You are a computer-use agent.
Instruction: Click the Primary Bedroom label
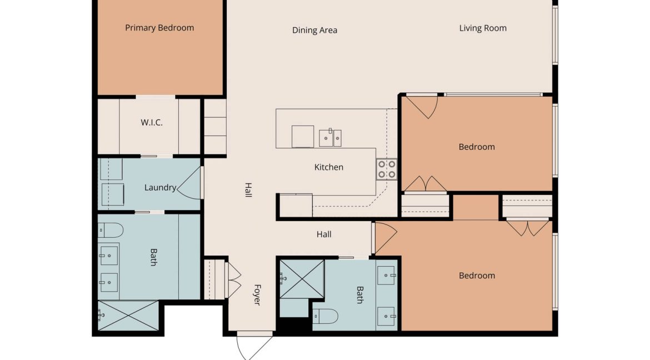click(x=159, y=28)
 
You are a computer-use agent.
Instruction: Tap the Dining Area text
click(x=314, y=30)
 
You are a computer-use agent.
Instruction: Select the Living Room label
click(x=483, y=28)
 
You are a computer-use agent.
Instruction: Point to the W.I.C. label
click(x=152, y=122)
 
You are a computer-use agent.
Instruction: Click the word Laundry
click(x=161, y=187)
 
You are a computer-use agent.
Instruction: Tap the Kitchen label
click(x=329, y=167)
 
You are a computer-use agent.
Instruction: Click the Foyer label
click(x=257, y=295)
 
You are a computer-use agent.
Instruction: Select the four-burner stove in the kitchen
click(x=387, y=169)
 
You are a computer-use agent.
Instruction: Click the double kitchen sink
click(x=331, y=138)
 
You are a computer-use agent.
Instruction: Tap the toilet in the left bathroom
click(x=111, y=230)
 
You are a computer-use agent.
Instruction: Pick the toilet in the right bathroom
click(x=326, y=317)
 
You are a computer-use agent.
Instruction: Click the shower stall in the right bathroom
click(x=302, y=279)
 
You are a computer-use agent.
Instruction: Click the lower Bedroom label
click(x=477, y=276)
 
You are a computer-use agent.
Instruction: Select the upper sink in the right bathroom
click(x=386, y=276)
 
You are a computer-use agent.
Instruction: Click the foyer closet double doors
click(x=234, y=280)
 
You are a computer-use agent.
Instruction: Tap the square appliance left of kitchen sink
click(x=303, y=137)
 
